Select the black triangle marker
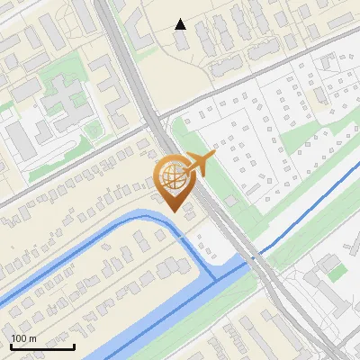click(181, 24)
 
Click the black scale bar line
click(41, 346)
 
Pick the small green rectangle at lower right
click(336, 269)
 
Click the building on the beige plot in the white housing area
click(320, 94)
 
